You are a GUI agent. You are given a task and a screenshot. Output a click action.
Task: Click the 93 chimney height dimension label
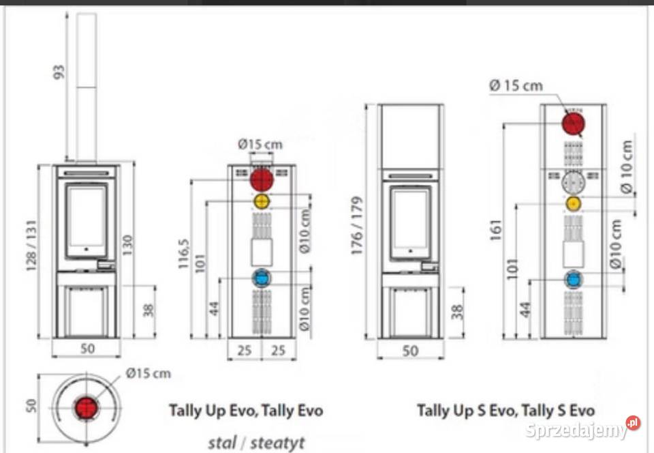tap(59, 71)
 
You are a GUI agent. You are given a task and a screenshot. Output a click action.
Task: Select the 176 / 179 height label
tap(358, 226)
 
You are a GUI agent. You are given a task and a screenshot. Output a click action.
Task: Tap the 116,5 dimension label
tap(183, 253)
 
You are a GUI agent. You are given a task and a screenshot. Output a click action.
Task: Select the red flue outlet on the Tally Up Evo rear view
tap(262, 180)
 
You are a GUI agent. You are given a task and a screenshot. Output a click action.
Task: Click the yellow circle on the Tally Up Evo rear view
tap(262, 202)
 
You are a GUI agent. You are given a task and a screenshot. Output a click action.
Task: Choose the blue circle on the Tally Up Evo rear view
tap(262, 278)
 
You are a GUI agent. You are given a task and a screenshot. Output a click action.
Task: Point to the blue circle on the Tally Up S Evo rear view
tap(574, 279)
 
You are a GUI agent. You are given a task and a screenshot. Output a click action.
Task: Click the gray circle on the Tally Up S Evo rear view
tap(574, 183)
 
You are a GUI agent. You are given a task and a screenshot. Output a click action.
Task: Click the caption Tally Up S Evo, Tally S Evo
tap(505, 411)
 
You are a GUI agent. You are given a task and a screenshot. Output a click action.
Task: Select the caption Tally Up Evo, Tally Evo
tap(246, 411)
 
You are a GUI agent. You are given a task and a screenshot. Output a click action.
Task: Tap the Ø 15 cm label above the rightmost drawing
tap(516, 85)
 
